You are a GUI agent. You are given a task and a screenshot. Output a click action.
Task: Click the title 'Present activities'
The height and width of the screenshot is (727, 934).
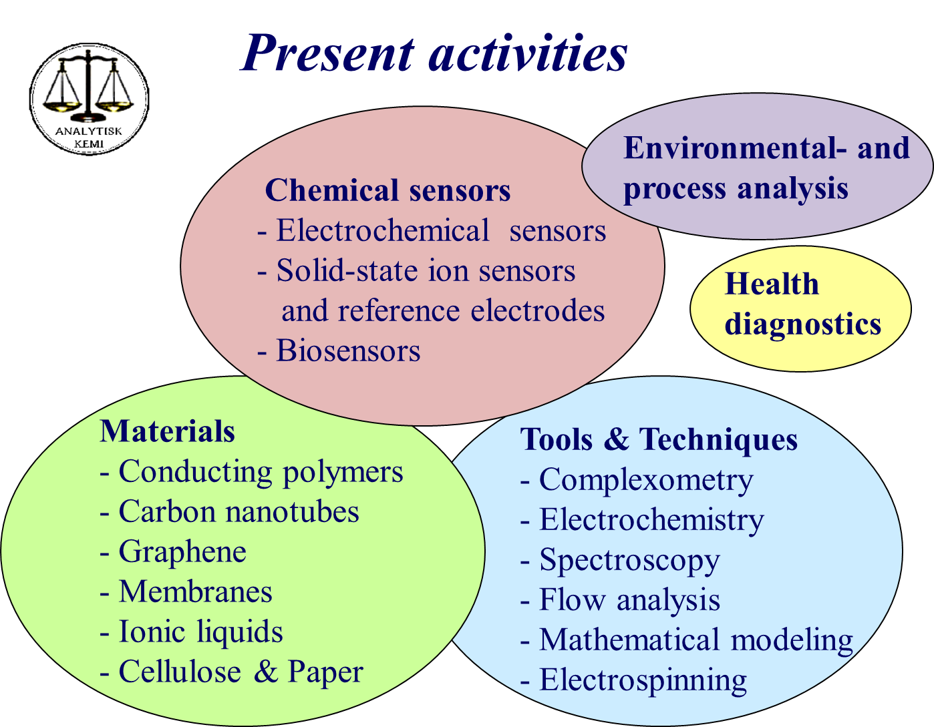pyautogui.click(x=434, y=53)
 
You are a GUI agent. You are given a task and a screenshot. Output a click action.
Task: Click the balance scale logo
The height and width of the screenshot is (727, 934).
pyautogui.click(x=89, y=99)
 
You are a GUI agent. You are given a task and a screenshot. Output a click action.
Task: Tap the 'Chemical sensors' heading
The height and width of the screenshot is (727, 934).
pyautogui.click(x=387, y=190)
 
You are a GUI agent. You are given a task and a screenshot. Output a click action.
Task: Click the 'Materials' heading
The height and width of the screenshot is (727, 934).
pyautogui.click(x=167, y=431)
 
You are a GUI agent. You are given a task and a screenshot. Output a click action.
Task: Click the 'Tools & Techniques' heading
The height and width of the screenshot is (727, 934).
pyautogui.click(x=659, y=440)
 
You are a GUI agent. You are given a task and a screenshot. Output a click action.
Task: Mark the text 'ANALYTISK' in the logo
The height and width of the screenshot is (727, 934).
pyautogui.click(x=89, y=131)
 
